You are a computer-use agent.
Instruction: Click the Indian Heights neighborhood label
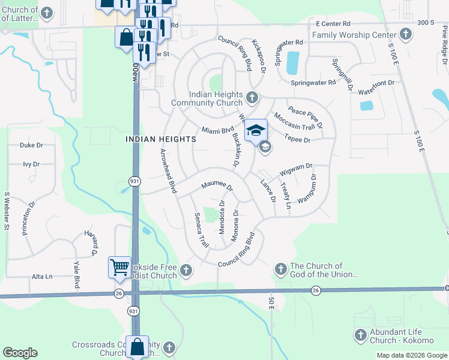(x=160, y=139)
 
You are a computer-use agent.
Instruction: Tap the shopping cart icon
(x=119, y=266)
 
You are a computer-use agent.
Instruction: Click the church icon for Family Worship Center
(x=406, y=35)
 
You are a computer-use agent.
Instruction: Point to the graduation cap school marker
(x=256, y=130)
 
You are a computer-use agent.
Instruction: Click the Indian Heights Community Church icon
(x=252, y=97)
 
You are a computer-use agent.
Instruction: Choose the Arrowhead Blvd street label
(x=167, y=171)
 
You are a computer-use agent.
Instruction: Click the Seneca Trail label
(x=201, y=230)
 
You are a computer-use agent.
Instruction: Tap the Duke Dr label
(x=32, y=145)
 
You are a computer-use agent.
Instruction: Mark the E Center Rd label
(x=333, y=23)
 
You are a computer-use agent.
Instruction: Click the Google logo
(x=20, y=353)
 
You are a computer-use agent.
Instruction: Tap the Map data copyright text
(x=411, y=355)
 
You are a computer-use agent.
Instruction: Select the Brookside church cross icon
(x=186, y=271)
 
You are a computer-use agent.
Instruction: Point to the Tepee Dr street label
(x=298, y=140)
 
